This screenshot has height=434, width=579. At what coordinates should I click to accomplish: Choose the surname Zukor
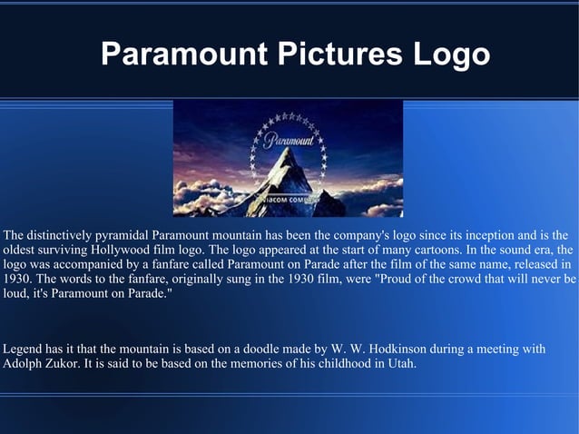coord(70,365)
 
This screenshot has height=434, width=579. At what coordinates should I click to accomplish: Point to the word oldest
coord(22,249)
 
